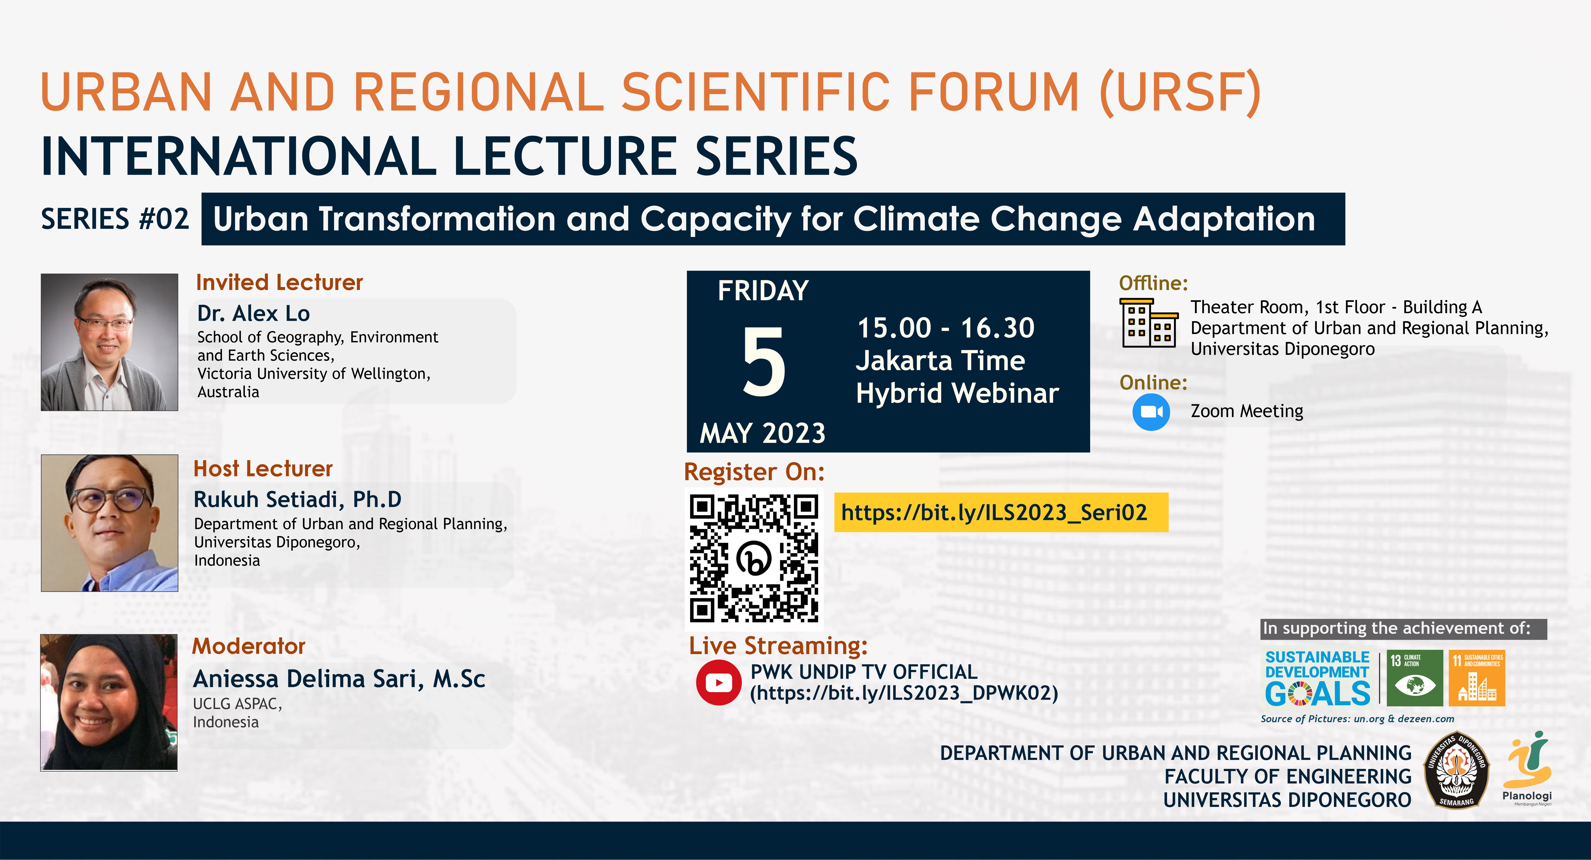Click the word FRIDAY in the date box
[x=763, y=290]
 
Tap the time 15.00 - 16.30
[x=946, y=327]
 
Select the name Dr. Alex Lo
[x=253, y=313]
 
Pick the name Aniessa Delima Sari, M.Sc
[x=339, y=678]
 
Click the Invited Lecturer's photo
[x=109, y=342]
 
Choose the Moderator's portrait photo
[x=109, y=702]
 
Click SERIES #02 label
[x=115, y=219]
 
